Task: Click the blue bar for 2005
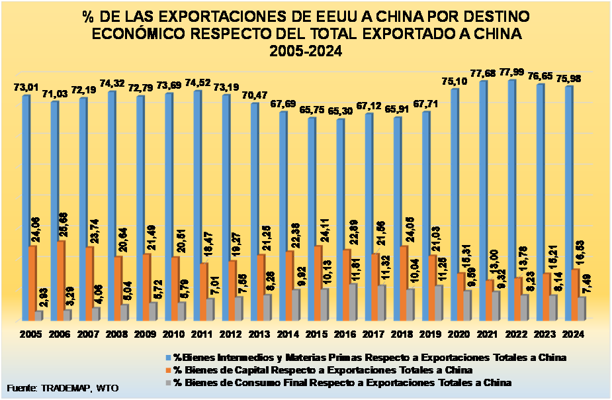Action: point(26,205)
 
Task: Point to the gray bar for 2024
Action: point(582,308)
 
